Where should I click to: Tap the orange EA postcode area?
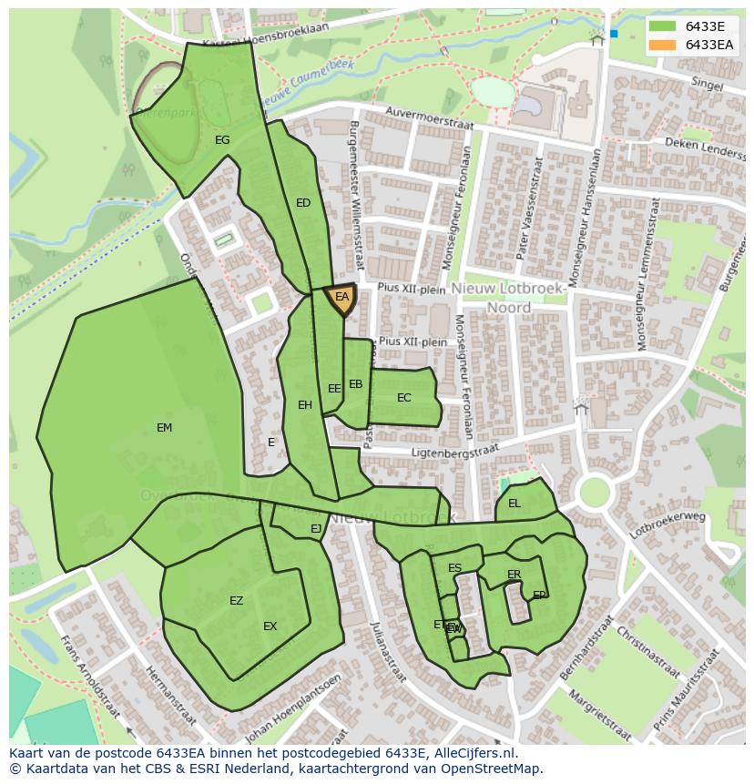point(341,299)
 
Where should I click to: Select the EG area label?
point(222,140)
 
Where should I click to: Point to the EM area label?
point(164,428)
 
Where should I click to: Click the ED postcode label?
point(303,203)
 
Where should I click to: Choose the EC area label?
point(404,398)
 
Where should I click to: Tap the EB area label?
point(355,384)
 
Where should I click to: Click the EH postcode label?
point(304,405)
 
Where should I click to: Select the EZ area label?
point(236,601)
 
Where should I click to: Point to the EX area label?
point(270,626)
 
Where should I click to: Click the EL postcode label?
point(515,504)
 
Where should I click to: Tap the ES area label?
point(454,568)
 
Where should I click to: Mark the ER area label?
point(514,575)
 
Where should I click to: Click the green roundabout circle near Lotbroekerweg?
point(594,493)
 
